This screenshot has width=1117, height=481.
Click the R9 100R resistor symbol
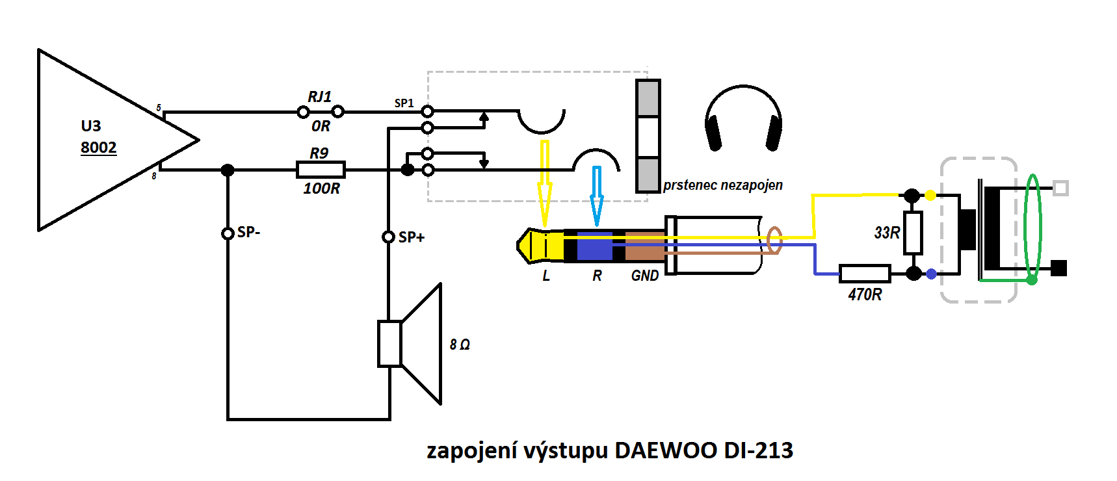click(x=321, y=170)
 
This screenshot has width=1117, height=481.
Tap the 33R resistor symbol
click(x=913, y=232)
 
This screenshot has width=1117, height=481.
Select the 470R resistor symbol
click(x=864, y=273)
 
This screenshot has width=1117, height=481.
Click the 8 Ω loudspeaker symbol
click(x=410, y=344)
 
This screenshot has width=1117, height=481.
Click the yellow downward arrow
click(x=545, y=182)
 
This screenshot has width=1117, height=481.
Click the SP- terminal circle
click(x=228, y=233)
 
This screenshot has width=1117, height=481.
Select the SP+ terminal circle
click(x=388, y=237)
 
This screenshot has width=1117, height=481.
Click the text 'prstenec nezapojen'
click(x=722, y=185)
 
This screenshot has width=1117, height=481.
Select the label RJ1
click(x=319, y=97)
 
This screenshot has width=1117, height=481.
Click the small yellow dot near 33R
click(x=930, y=195)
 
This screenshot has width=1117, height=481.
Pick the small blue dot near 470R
click(x=931, y=274)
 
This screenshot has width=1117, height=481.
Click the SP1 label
click(x=404, y=103)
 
